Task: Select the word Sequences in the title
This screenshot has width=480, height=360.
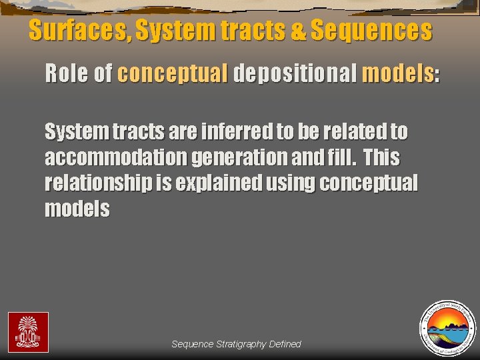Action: pos(371,31)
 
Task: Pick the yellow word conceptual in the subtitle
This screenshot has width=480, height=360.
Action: pos(173,74)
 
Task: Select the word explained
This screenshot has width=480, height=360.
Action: pos(216,183)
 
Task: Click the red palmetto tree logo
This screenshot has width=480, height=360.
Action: pos(28,332)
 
